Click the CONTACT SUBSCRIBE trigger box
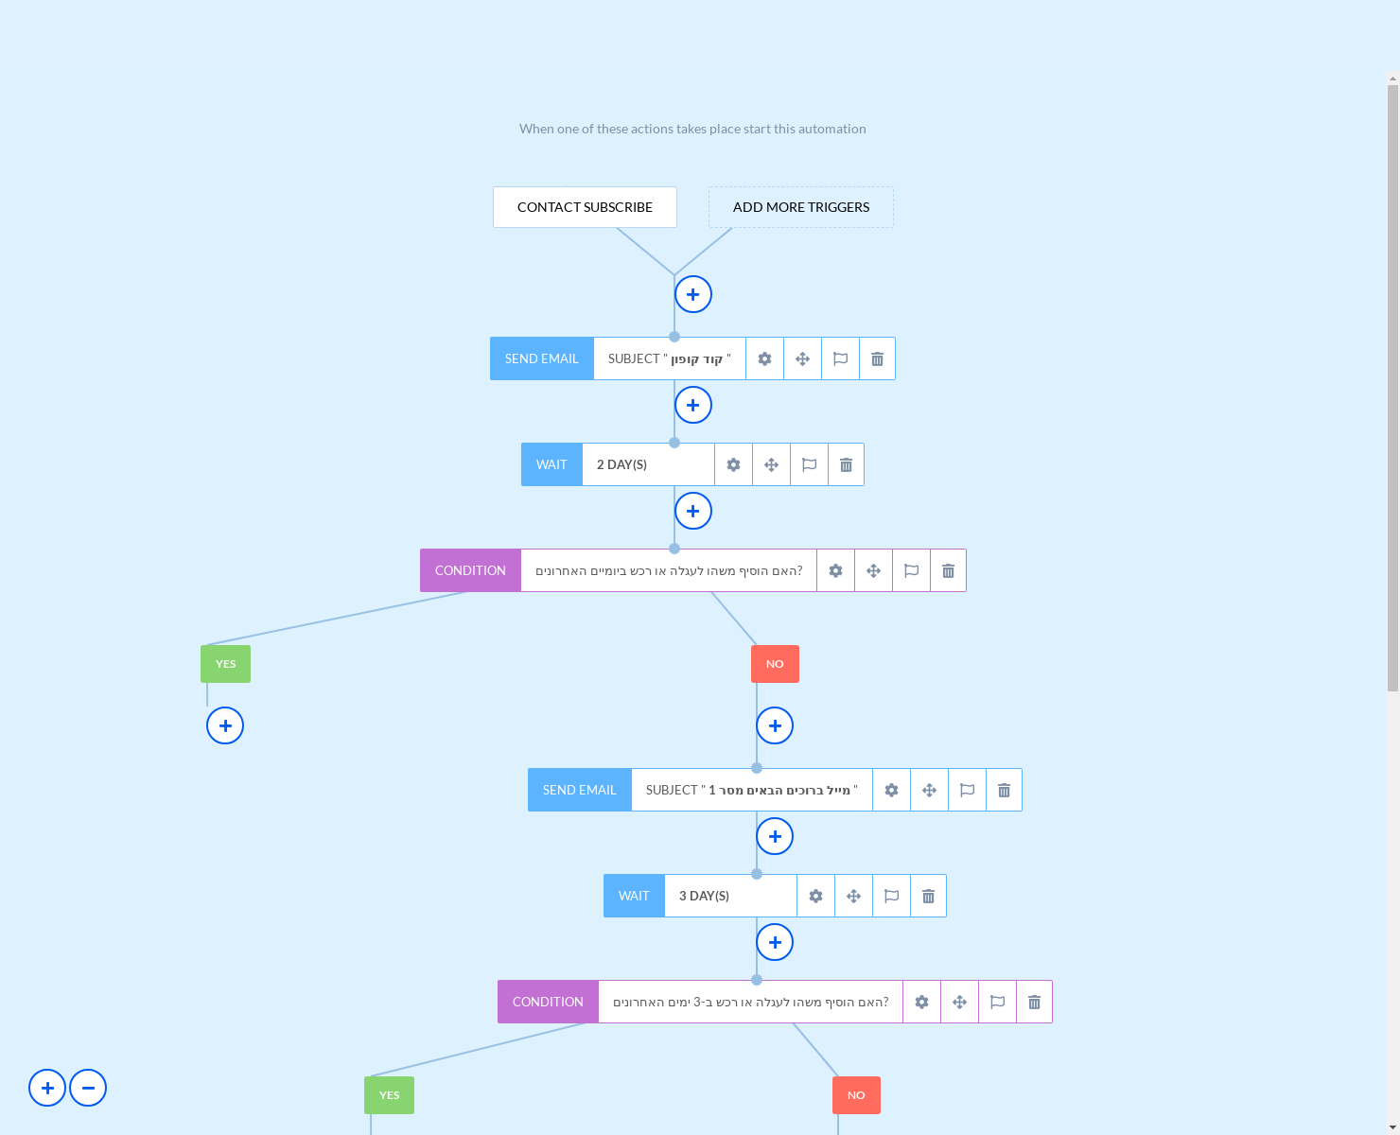585,207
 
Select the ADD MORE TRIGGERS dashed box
800,207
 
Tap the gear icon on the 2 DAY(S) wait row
733,464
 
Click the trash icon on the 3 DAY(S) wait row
928,896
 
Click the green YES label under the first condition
225,664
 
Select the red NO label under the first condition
775,664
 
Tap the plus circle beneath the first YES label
225,725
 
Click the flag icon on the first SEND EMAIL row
840,358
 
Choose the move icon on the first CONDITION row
873,570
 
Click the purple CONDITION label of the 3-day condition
548,1002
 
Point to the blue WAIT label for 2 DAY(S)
551,464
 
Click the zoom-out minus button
88,1088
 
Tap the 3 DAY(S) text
704,896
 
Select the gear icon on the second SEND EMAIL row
891,790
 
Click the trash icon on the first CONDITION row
948,570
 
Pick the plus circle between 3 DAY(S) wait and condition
775,942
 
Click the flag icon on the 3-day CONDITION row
997,1002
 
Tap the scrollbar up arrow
1392,79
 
